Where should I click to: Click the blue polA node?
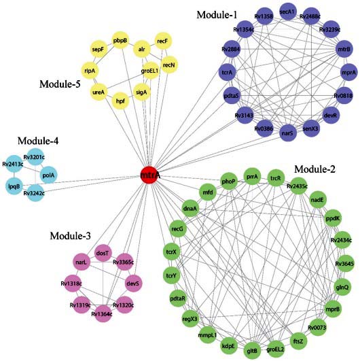[48, 175]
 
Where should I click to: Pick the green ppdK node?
[333, 219]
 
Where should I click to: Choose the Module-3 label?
[71, 235]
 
